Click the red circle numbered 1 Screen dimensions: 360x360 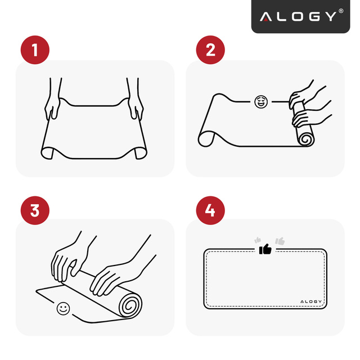pos(35,50)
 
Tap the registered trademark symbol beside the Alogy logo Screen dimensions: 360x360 pos(340,11)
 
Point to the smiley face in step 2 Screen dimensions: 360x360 pos(260,102)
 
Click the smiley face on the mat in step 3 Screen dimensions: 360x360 pos(62,308)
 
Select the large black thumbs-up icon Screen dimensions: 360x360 pos(264,248)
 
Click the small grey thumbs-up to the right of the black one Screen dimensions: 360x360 pos(280,241)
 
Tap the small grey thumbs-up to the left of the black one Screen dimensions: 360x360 pos(258,239)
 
